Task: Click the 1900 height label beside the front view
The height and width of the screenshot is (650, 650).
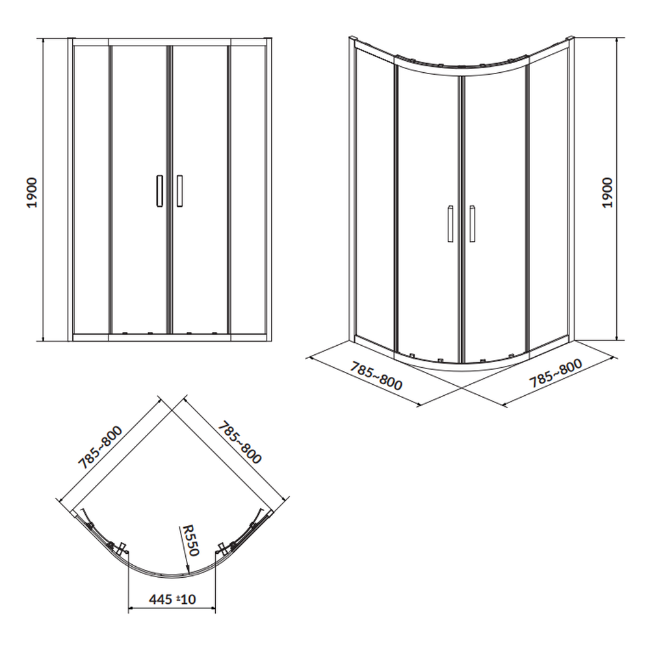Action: coord(32,193)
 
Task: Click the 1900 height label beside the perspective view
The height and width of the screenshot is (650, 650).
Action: coord(606,193)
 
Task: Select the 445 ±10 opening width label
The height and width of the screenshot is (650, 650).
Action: coord(172,599)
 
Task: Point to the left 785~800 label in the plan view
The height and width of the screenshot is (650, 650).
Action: coord(100,448)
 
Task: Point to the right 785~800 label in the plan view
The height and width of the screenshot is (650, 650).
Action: coord(240,443)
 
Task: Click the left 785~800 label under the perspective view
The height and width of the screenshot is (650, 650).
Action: coord(376,376)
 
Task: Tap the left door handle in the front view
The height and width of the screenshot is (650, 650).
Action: coord(160,190)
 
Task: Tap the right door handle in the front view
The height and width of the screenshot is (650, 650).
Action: coord(179,190)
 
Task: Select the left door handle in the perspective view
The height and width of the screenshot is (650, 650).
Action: coord(450,223)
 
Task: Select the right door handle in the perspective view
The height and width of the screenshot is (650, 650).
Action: coord(472,223)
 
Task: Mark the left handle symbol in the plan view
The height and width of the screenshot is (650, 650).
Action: coord(122,549)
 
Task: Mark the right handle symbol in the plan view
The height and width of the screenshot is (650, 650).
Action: coord(222,549)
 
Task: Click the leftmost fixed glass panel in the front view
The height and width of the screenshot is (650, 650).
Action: coord(91,189)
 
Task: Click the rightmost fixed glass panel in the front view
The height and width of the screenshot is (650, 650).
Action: coord(248,189)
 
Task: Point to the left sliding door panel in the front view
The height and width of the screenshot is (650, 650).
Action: coord(139,189)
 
